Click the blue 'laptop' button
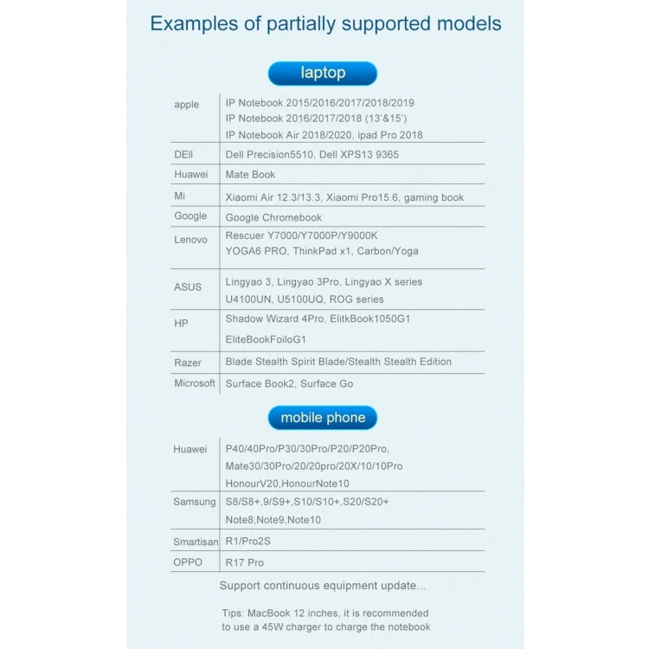(323, 74)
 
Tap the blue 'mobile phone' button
(323, 418)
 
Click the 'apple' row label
(186, 105)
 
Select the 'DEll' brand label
(183, 154)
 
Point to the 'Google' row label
(190, 216)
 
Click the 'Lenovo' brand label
(190, 240)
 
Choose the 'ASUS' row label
(188, 287)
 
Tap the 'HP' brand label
(181, 323)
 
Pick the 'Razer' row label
(187, 363)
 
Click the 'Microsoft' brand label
(195, 383)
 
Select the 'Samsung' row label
(195, 502)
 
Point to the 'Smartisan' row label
(196, 543)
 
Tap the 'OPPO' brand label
(188, 562)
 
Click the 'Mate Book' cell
(250, 175)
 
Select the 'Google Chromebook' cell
(273, 218)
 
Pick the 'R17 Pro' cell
(245, 562)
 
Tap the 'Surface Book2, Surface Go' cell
(289, 384)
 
